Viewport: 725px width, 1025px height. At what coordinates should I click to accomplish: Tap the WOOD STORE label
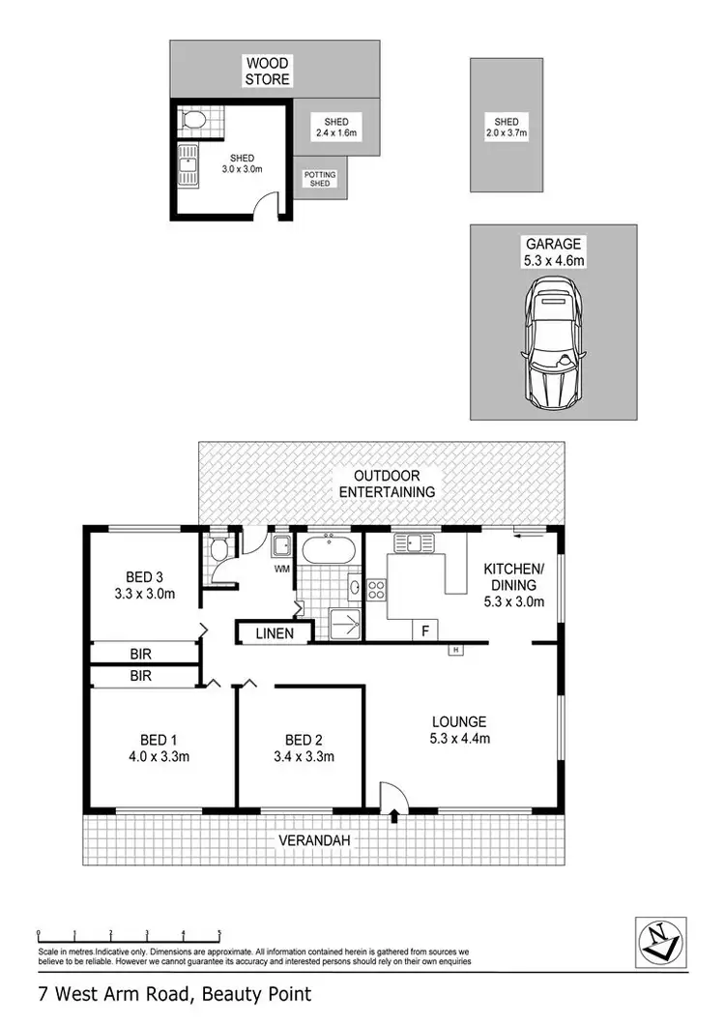[267, 72]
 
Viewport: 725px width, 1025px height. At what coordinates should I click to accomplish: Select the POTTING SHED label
[320, 179]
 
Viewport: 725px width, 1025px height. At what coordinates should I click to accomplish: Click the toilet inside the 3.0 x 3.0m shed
[194, 121]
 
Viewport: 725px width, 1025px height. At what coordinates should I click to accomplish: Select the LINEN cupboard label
[275, 634]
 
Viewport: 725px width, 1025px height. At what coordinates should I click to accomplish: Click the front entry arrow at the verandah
[394, 818]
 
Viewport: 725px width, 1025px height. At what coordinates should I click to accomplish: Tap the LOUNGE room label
[459, 721]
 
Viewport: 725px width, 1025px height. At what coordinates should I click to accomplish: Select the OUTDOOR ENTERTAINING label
[393, 483]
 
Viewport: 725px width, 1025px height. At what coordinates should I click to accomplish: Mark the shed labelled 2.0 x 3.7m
[507, 125]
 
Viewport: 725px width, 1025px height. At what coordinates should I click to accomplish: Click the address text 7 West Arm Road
[174, 993]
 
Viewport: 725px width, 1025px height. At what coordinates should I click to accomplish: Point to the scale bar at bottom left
[129, 935]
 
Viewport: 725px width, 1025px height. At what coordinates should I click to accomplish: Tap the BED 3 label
[143, 577]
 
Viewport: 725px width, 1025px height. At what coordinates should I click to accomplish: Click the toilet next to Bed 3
[218, 550]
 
